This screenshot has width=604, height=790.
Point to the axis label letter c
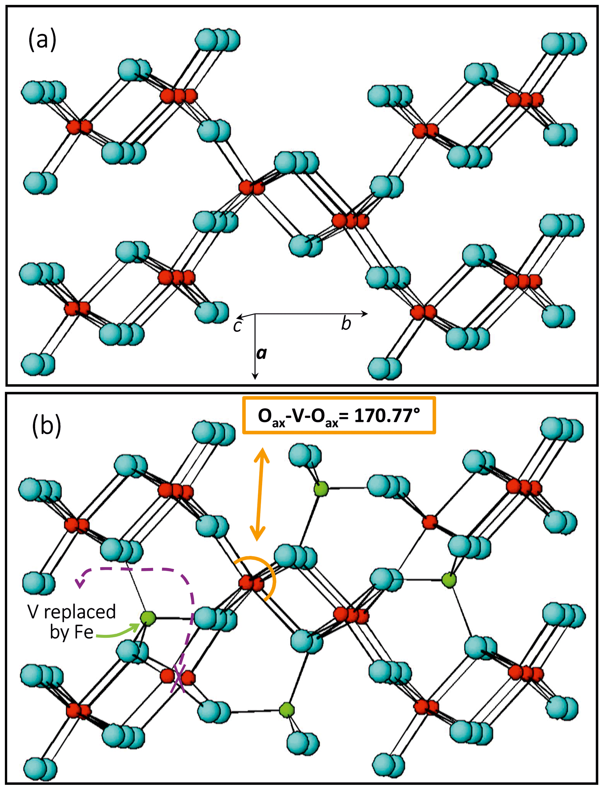click(237, 326)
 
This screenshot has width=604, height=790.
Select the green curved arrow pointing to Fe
click(117, 634)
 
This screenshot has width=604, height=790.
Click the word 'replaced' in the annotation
click(80, 612)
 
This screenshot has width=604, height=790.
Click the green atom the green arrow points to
click(148, 618)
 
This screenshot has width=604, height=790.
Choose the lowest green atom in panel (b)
click(287, 710)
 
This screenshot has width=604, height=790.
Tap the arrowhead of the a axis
click(255, 376)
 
